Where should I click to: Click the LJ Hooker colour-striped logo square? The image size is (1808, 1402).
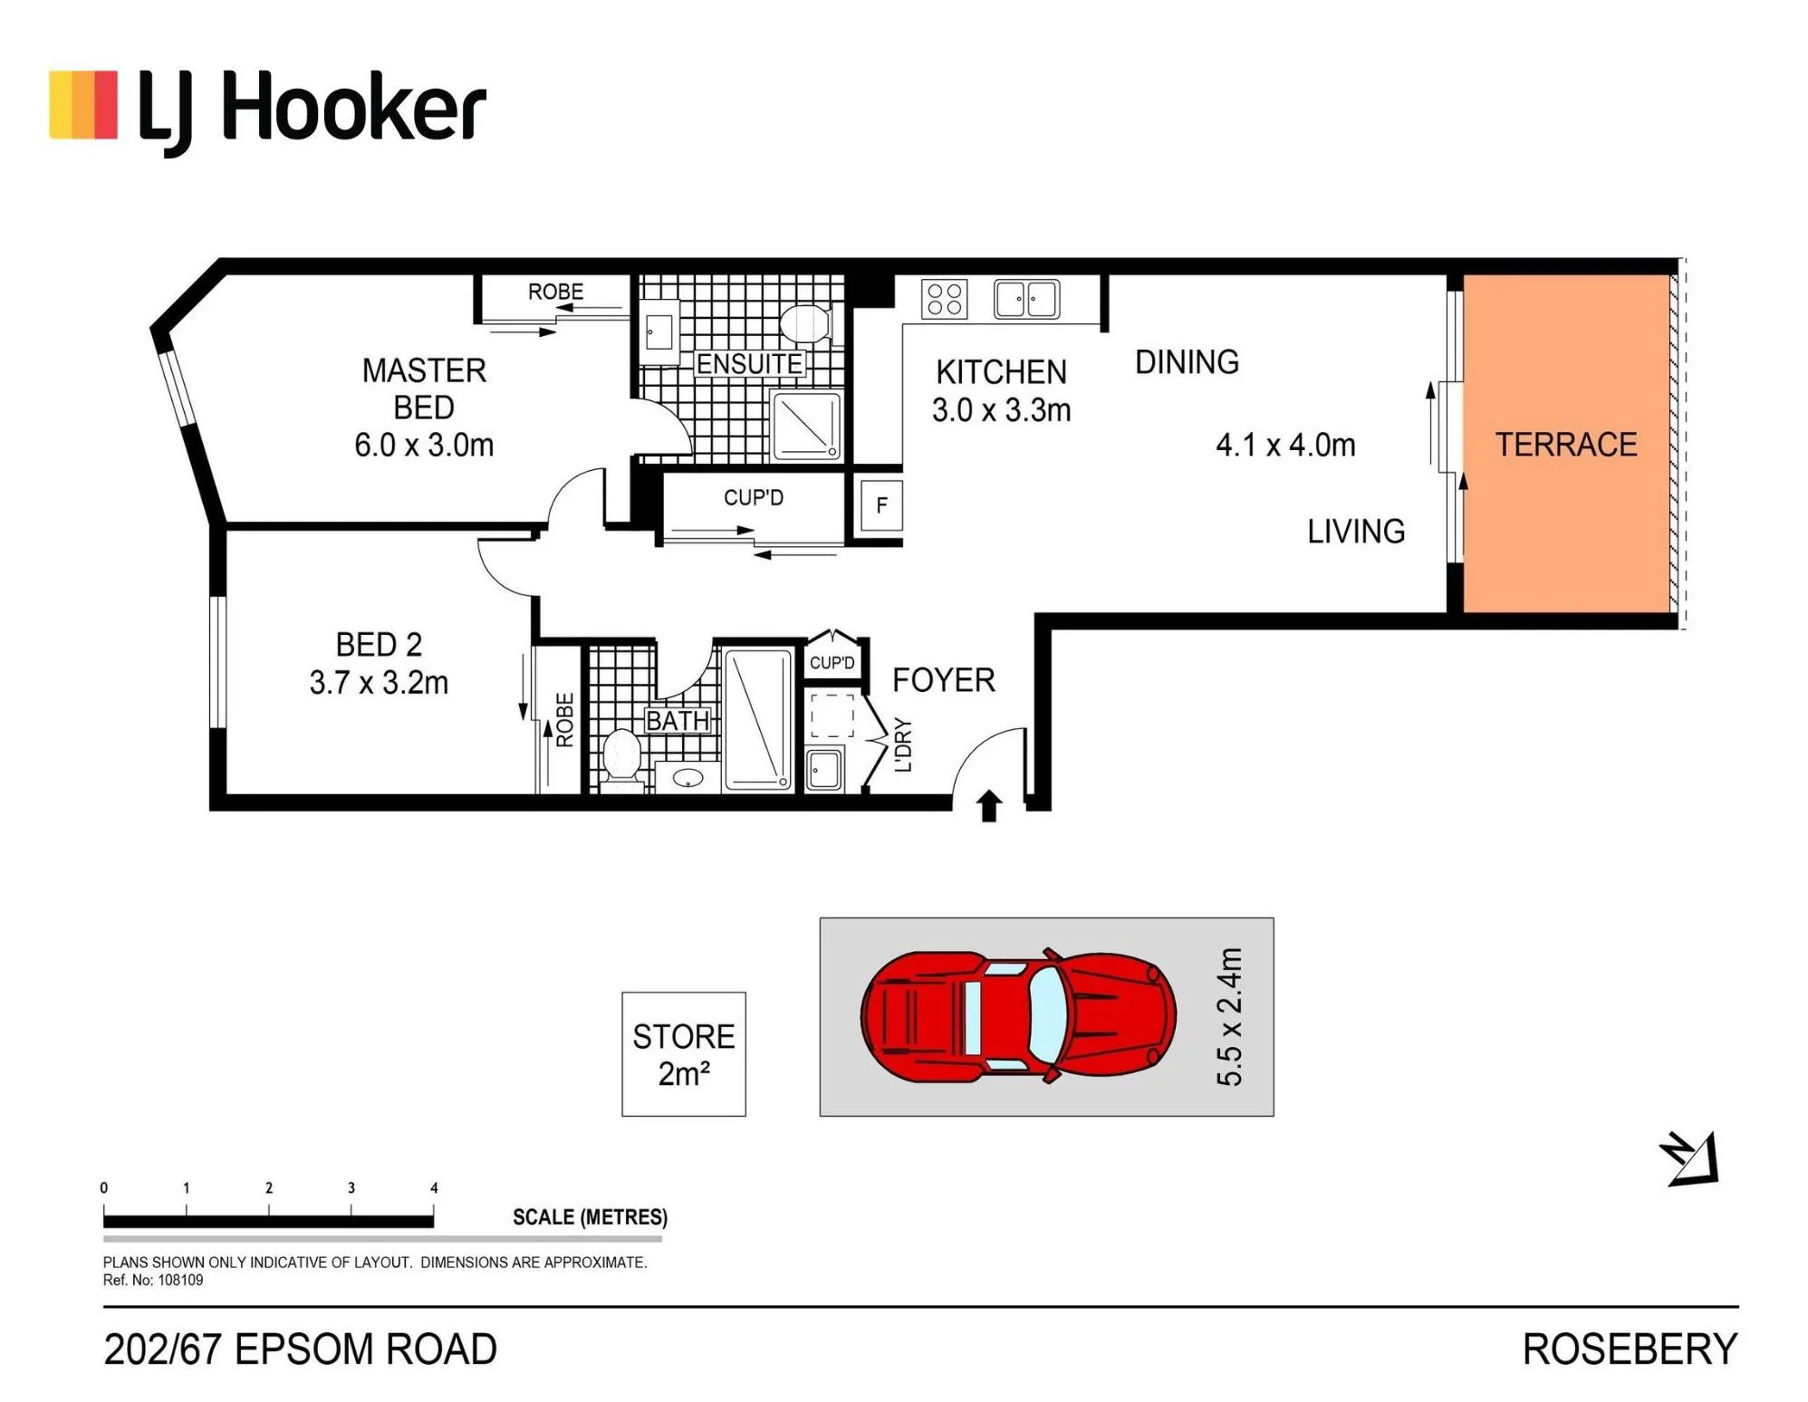[83, 105]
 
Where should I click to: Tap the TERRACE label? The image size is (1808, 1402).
[1565, 445]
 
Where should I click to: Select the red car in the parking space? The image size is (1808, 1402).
[1018, 1015]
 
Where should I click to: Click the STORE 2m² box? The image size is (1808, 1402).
[683, 1053]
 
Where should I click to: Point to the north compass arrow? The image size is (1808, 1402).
[1690, 1158]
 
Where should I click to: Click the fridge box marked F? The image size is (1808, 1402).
[880, 505]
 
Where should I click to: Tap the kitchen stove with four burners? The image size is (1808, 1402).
[944, 299]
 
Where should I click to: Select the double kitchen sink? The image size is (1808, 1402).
[1026, 299]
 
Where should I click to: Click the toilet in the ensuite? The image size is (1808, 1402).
[805, 324]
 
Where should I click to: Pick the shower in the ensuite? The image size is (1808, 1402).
[805, 426]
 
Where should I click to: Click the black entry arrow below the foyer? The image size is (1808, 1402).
[989, 805]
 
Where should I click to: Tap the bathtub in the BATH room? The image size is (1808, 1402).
[758, 720]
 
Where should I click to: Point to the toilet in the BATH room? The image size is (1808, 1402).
[622, 757]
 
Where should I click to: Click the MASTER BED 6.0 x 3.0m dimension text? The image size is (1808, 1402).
[424, 445]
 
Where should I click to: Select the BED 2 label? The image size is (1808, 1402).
[379, 645]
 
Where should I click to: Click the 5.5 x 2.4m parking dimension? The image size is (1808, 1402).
[1229, 1016]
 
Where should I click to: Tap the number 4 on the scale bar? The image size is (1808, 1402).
[434, 1187]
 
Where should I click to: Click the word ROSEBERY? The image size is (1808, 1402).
[1630, 1349]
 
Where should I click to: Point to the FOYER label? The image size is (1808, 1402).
[944, 680]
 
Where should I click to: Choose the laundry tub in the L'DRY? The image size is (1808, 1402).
[824, 770]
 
